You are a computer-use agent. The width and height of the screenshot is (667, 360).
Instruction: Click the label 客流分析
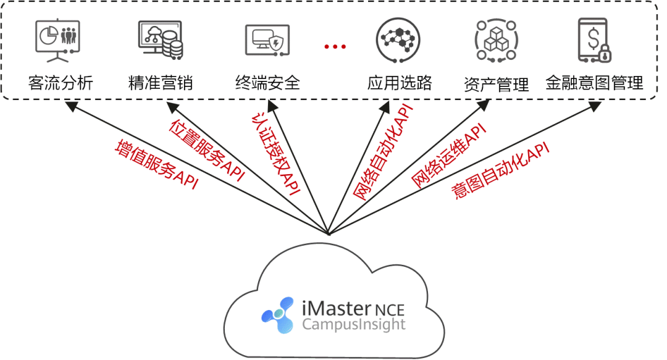point(61,83)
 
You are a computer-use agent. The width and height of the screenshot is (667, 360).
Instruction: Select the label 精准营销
point(160,83)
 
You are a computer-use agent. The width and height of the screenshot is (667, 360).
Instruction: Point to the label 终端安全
point(267,83)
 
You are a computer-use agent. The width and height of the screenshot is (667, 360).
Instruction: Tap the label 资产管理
point(497,85)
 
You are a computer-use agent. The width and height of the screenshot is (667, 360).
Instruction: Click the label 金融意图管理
point(594,83)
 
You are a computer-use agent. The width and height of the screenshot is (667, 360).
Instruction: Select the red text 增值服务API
point(157,165)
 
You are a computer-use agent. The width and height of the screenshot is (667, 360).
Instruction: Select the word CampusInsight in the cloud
point(353,324)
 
